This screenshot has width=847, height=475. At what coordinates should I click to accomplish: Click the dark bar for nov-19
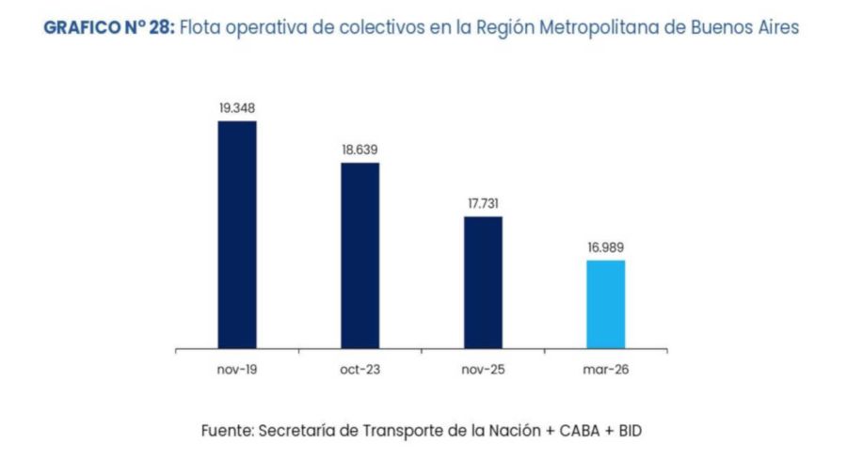pos(237,234)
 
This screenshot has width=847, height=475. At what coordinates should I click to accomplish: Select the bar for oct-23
pos(360,255)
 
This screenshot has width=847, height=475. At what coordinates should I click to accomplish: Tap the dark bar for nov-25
pos(483,282)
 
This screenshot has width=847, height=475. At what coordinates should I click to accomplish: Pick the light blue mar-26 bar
pos(605,304)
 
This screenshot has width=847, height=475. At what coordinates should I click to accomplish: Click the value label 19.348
pos(237,108)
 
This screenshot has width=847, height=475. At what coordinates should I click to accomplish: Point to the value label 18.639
pos(360,150)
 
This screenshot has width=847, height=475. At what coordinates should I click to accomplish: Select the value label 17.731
pos(483,203)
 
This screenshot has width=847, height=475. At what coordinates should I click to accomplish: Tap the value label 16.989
pos(605,247)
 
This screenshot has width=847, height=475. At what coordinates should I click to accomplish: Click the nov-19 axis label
pos(237,370)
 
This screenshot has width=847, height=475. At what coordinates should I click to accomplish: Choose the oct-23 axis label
pos(360,370)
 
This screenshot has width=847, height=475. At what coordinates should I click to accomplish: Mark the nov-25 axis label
pos(483,370)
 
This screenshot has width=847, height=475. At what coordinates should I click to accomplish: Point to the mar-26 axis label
pos(605,370)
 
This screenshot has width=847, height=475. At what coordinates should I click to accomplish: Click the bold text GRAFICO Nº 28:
pos(108,27)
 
